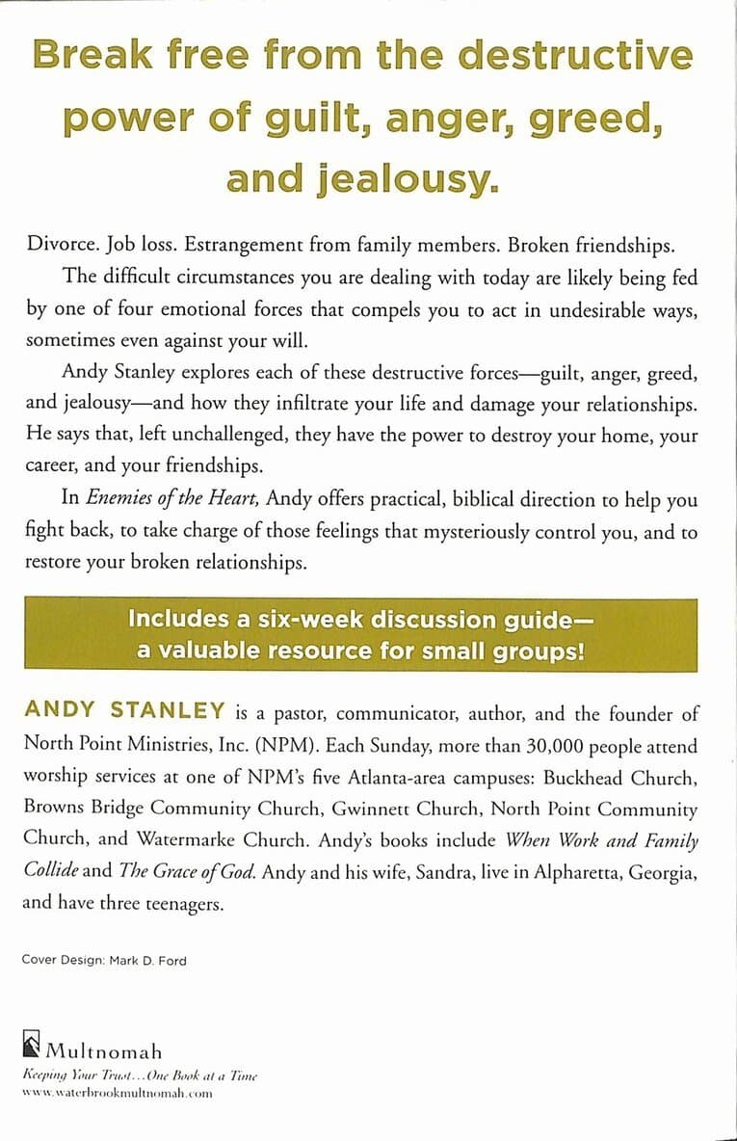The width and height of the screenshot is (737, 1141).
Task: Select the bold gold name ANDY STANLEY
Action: point(125,713)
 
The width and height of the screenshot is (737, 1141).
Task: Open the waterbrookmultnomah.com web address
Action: point(116,1094)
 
